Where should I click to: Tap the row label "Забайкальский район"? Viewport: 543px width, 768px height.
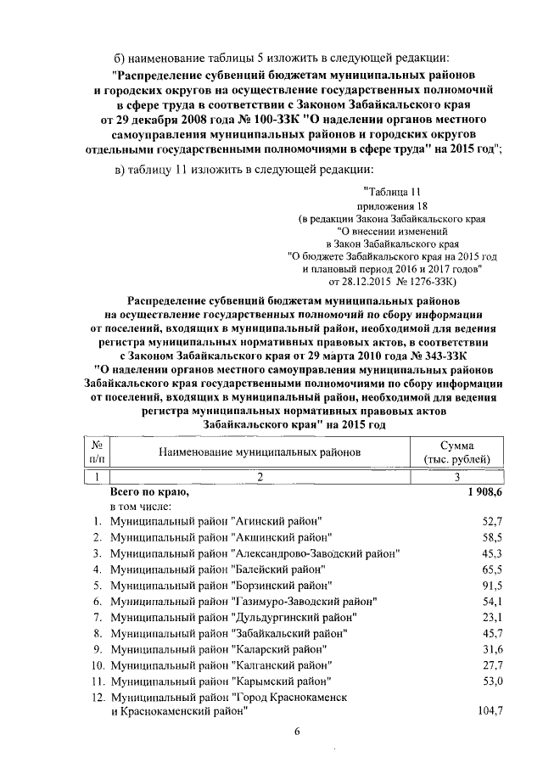pos(229,633)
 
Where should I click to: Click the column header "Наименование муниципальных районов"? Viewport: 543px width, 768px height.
pos(260,452)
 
